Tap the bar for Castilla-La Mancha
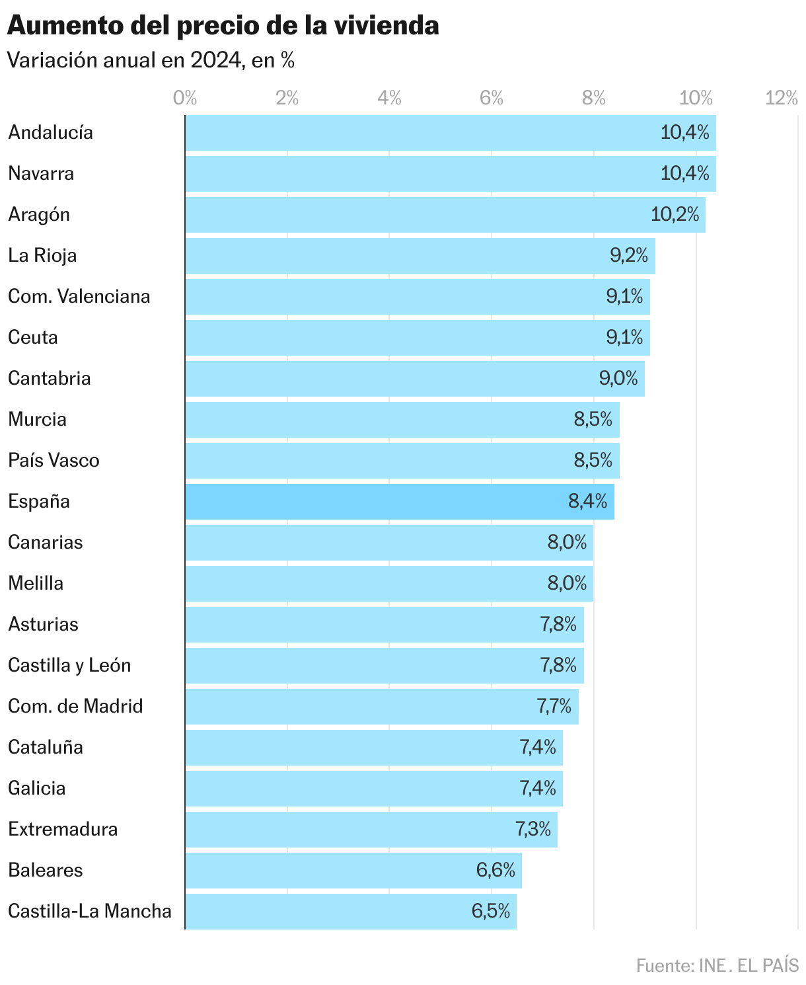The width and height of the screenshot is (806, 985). point(330,912)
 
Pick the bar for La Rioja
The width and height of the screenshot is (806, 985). point(396,256)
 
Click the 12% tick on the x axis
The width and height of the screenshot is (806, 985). point(782,98)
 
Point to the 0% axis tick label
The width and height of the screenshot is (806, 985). point(185,98)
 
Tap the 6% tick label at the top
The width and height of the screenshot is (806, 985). point(492,98)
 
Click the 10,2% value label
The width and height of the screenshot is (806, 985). point(675,215)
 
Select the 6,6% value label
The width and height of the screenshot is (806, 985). point(495,871)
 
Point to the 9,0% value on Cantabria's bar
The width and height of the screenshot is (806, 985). point(618,379)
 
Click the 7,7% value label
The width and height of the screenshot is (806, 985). point(554,707)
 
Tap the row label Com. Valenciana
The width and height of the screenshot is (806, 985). point(79,297)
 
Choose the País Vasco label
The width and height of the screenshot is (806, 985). point(54,461)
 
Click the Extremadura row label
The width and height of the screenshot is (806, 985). point(63,830)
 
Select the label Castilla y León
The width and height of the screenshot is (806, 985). point(69,666)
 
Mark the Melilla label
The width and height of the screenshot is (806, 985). point(36,584)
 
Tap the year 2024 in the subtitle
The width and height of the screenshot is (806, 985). point(215,61)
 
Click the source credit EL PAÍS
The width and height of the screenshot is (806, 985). point(768,966)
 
